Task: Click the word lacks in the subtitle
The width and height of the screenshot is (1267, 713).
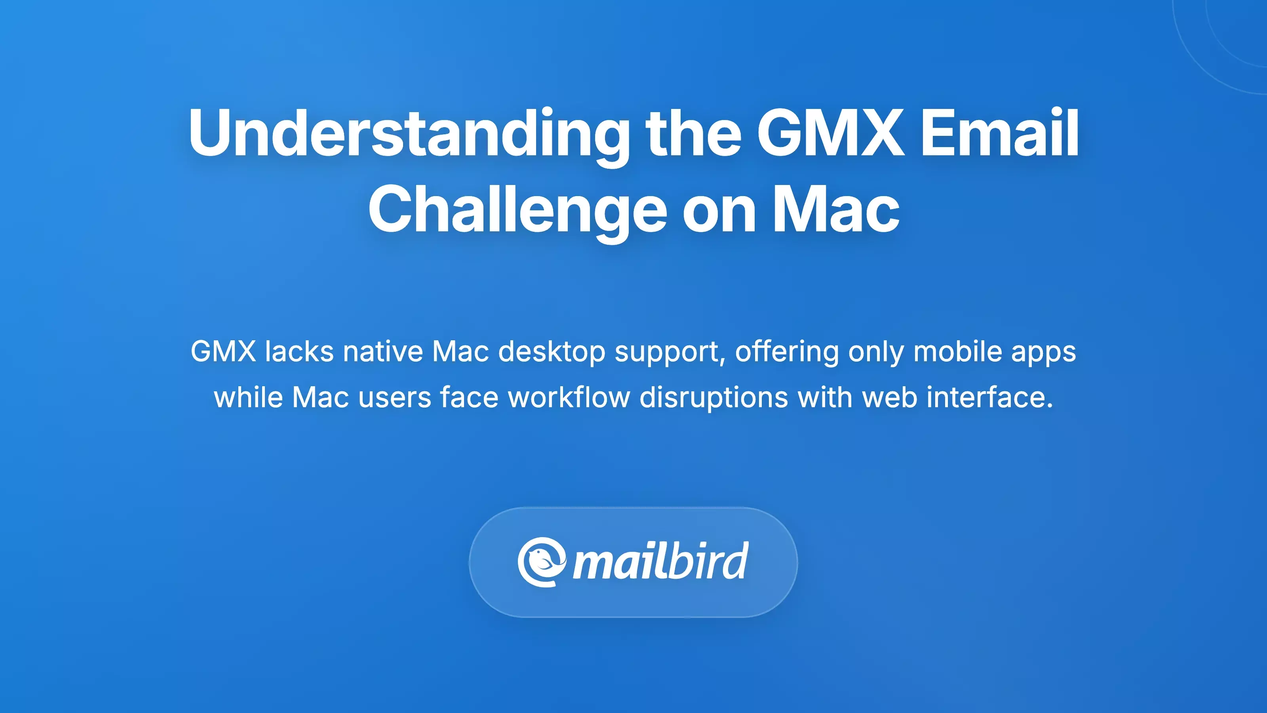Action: pos(299,352)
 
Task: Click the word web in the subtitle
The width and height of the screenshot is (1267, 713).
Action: pos(890,398)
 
